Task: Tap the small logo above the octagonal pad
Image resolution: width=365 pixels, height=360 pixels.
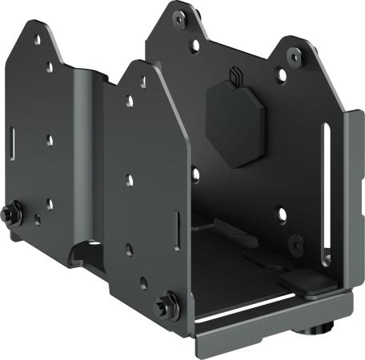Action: point(235,76)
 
